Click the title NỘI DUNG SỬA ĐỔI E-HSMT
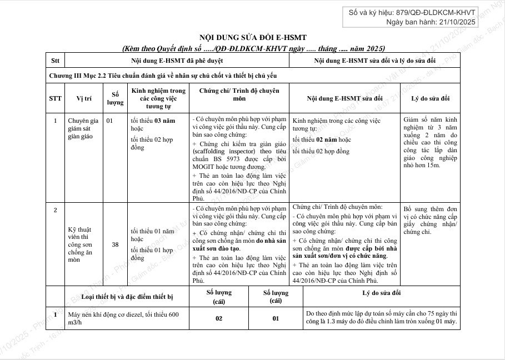pyautogui.click(x=253, y=37)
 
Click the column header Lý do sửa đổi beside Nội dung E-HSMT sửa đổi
pyautogui.click(x=430, y=98)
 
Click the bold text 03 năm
pyautogui.click(x=164, y=120)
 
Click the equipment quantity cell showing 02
pyautogui.click(x=218, y=318)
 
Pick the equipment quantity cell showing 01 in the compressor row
pyautogui.click(x=275, y=318)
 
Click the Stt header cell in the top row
pyautogui.click(x=55, y=59)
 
